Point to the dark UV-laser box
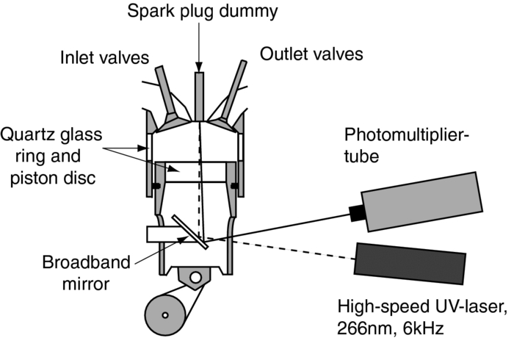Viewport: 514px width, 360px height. tap(410, 262)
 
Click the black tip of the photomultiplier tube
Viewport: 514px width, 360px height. tap(357, 212)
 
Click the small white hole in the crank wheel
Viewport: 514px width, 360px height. tap(167, 316)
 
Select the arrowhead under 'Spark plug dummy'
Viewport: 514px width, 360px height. tap(198, 68)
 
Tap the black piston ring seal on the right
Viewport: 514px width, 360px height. tap(234, 184)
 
